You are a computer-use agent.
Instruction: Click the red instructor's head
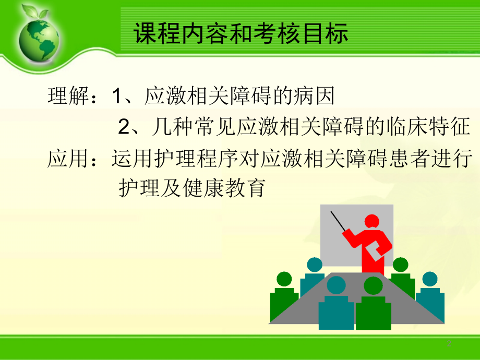point(372,221)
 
